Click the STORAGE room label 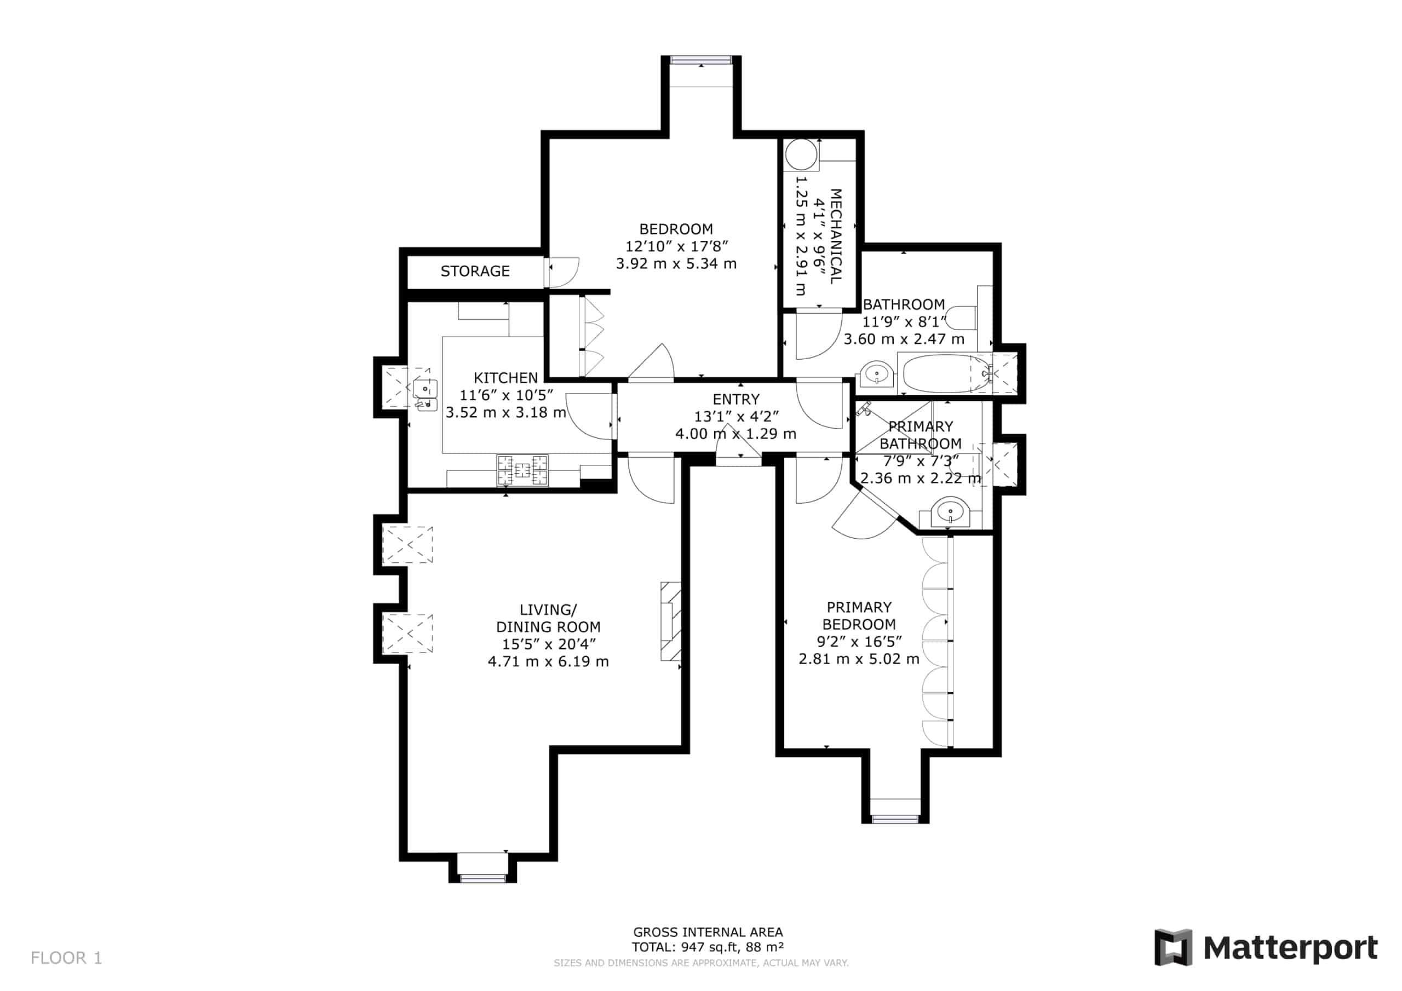[x=475, y=271]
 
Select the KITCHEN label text [x=505, y=378]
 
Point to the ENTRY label [x=736, y=399]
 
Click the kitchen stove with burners [x=522, y=470]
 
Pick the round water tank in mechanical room [x=801, y=154]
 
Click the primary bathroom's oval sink [x=950, y=512]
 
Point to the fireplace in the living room [x=670, y=621]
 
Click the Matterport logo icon [x=1173, y=948]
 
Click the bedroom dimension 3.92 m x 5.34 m [x=676, y=264]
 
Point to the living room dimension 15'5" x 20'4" [x=548, y=644]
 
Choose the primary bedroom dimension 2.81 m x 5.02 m [x=859, y=659]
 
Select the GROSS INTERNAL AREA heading [x=708, y=932]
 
